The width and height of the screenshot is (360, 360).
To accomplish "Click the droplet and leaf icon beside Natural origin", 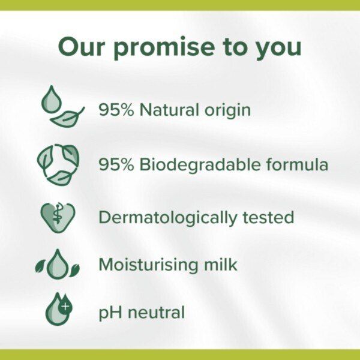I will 61,107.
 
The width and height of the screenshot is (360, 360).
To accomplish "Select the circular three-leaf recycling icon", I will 58,164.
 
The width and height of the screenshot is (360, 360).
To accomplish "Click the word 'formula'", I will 298,164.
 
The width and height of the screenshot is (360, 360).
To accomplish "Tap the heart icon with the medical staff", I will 58,217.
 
